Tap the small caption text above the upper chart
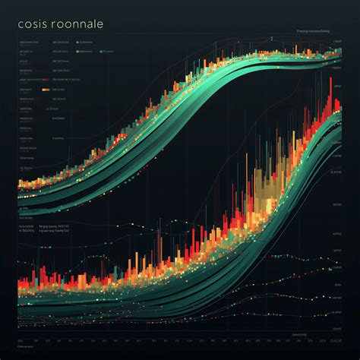(x=318, y=31)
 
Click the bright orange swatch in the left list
(x=46, y=90)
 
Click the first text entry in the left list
(x=27, y=42)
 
